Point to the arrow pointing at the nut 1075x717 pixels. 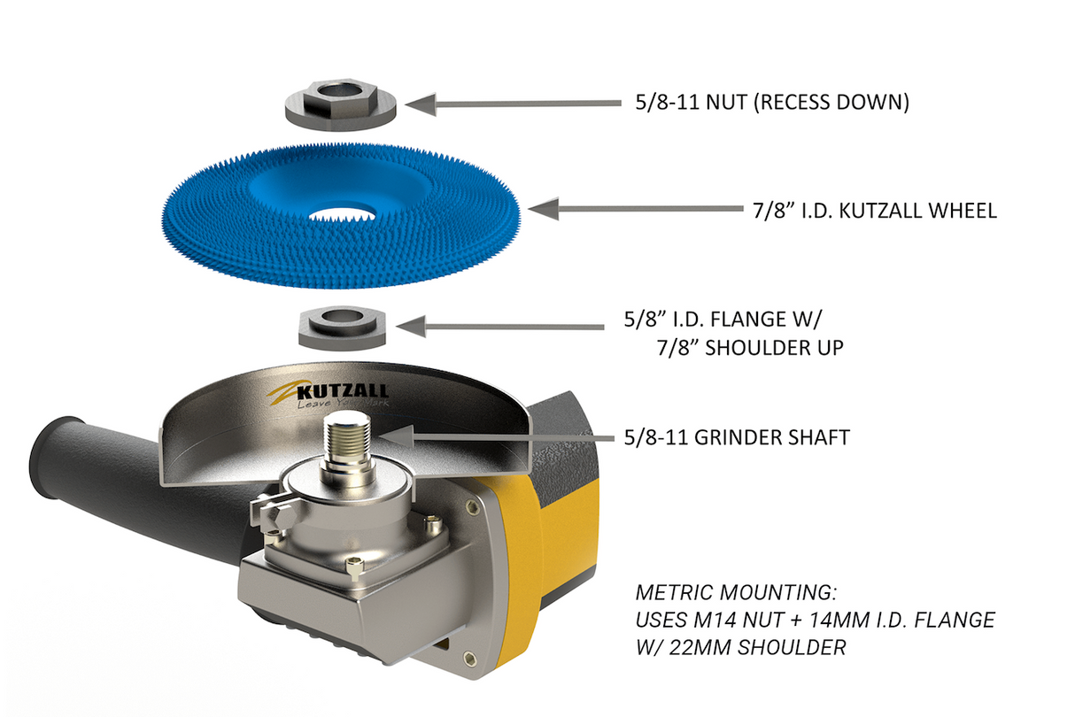click(514, 104)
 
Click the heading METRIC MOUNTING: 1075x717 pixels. click(734, 591)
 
